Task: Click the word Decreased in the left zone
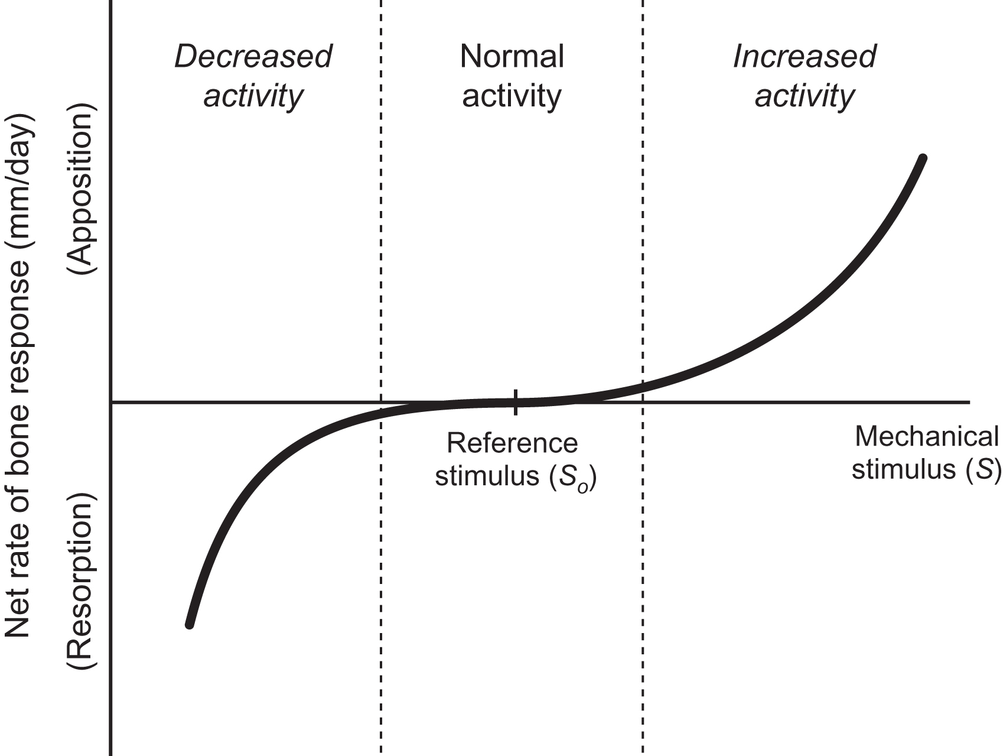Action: point(253,57)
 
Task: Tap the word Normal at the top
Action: point(512,57)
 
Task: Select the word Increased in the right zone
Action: point(805,57)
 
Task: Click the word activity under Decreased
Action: point(253,96)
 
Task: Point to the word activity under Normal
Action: point(512,96)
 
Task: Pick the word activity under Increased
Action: point(805,96)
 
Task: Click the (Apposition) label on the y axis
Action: point(81,190)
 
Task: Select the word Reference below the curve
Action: point(512,443)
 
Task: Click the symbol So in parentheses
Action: point(575,476)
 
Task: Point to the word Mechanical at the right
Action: point(926,437)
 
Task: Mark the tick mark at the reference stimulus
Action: point(516,403)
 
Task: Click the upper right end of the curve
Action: point(923,158)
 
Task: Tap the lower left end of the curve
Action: point(190,624)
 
